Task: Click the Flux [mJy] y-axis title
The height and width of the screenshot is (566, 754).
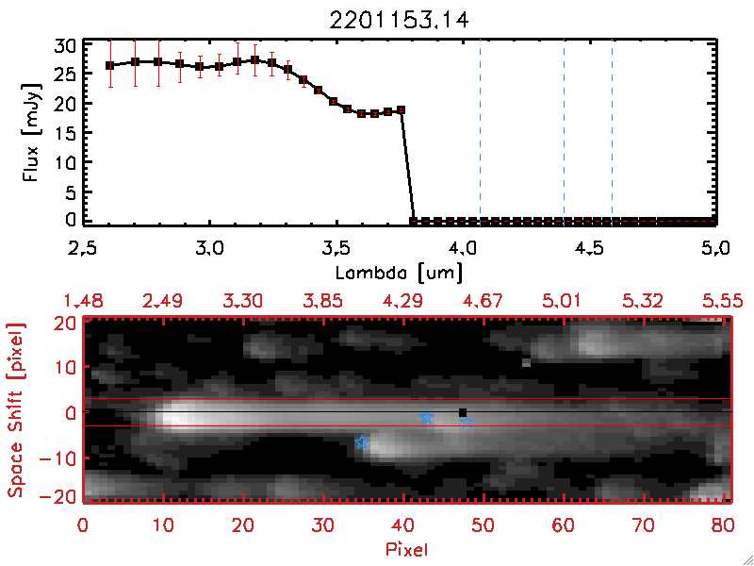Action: pyautogui.click(x=36, y=131)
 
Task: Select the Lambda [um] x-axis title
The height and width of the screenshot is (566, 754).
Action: pyautogui.click(x=399, y=274)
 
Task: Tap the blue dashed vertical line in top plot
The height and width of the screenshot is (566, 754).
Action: pyautogui.click(x=564, y=132)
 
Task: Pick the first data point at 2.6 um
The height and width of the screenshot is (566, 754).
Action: pyautogui.click(x=110, y=65)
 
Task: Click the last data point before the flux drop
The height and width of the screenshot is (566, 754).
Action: pyautogui.click(x=402, y=109)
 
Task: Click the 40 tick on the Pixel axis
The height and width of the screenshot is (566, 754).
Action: pyautogui.click(x=402, y=524)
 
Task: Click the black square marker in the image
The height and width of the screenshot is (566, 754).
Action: pyautogui.click(x=462, y=412)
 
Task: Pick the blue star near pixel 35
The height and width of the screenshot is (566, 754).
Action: pyautogui.click(x=360, y=441)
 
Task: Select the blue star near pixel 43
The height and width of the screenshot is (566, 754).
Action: pyautogui.click(x=426, y=417)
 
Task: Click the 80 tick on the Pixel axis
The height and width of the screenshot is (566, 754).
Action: pyautogui.click(x=722, y=524)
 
